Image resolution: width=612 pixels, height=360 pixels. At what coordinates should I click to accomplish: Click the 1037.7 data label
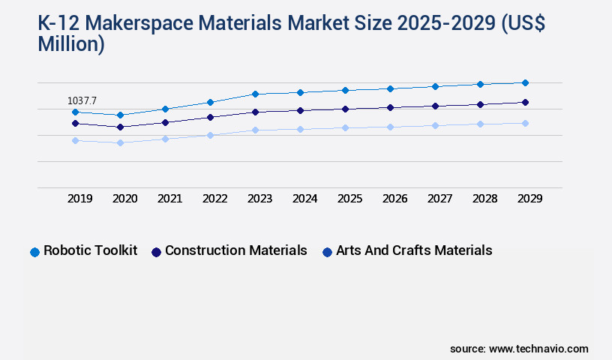click(x=82, y=100)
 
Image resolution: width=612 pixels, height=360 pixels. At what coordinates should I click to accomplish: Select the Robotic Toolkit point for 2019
click(x=75, y=112)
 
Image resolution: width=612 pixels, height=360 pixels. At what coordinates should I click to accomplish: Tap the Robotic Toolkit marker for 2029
click(x=525, y=82)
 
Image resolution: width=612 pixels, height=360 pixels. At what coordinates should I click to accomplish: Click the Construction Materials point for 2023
click(x=255, y=112)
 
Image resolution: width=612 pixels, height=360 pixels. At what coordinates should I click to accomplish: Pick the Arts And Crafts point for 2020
click(x=120, y=142)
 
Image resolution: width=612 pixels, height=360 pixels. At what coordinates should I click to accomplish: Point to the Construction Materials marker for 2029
click(x=525, y=102)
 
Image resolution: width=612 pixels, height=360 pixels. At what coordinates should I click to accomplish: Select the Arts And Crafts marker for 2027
click(x=435, y=125)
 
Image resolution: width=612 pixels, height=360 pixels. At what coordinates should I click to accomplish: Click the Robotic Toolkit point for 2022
click(x=210, y=102)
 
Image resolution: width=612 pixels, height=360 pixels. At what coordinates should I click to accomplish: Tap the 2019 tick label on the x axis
click(x=80, y=199)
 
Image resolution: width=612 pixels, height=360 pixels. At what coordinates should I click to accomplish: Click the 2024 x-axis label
click(x=304, y=199)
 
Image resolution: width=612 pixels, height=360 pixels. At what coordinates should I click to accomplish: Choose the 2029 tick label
click(x=529, y=199)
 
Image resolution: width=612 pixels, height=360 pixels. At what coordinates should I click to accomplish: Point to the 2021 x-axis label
click(x=169, y=199)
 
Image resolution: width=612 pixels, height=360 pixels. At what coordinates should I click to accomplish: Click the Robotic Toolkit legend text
click(x=90, y=250)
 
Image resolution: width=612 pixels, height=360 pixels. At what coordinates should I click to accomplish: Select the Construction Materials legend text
click(x=235, y=250)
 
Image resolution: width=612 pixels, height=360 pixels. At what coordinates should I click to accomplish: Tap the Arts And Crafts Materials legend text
click(x=414, y=250)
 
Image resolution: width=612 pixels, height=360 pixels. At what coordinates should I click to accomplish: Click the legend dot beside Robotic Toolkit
click(x=34, y=252)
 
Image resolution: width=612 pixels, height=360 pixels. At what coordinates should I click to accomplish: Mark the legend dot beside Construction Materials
click(x=156, y=252)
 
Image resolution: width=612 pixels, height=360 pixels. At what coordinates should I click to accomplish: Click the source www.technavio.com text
click(x=519, y=349)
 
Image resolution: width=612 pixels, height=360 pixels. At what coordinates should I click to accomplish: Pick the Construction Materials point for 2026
click(x=390, y=107)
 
